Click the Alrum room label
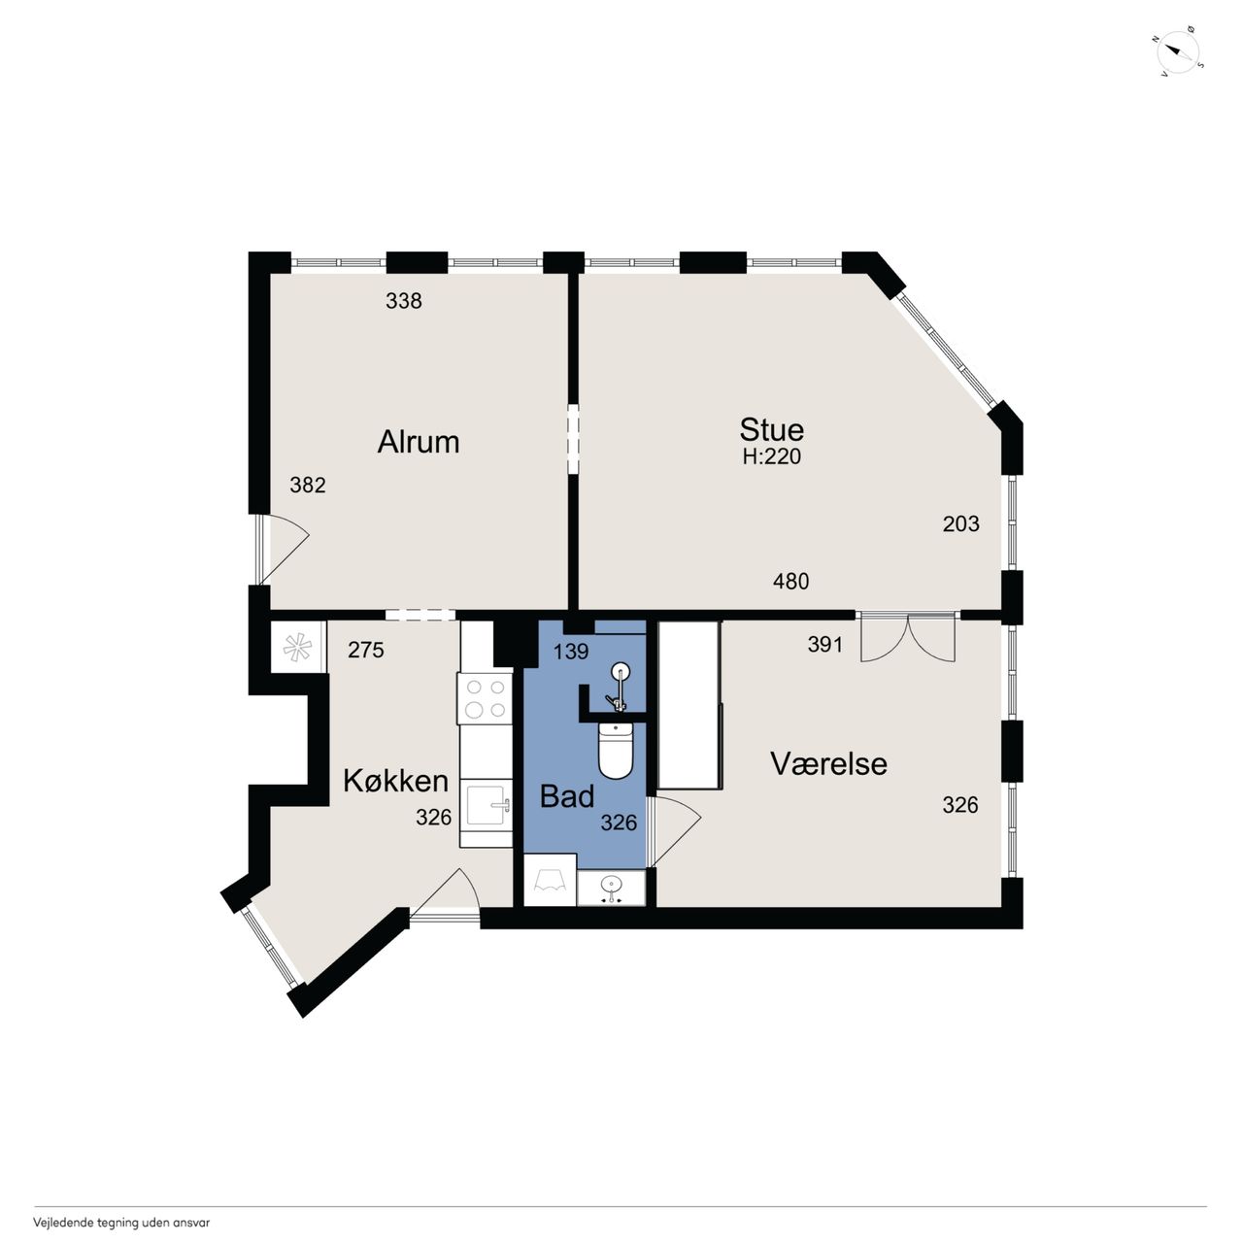click(x=418, y=443)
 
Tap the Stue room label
click(x=771, y=430)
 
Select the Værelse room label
click(x=829, y=763)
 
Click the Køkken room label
click(x=395, y=781)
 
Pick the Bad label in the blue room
click(x=567, y=796)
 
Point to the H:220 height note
click(x=771, y=456)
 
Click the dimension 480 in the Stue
click(x=790, y=582)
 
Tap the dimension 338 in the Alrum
click(x=404, y=301)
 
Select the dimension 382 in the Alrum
click(x=308, y=486)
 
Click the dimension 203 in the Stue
click(x=961, y=523)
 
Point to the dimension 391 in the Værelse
click(x=825, y=645)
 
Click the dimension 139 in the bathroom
click(x=572, y=652)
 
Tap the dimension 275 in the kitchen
click(x=366, y=650)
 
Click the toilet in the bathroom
click(x=616, y=751)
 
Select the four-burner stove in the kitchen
click(x=486, y=698)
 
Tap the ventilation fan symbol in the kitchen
click(x=298, y=648)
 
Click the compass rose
click(x=1178, y=52)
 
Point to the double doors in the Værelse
click(x=908, y=637)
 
